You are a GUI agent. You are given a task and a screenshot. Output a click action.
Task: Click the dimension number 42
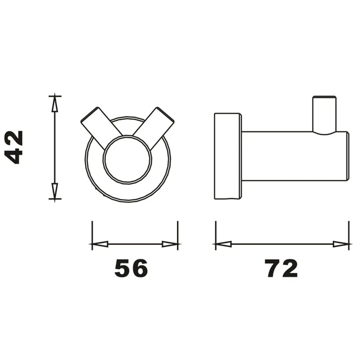click(14, 147)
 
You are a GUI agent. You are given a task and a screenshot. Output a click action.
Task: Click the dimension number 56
click(131, 268)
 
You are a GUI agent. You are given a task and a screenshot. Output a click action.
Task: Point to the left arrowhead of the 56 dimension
click(100, 244)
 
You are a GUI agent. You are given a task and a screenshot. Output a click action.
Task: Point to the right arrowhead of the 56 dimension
click(170, 244)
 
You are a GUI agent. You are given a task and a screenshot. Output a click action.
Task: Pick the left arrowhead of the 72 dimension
click(224, 244)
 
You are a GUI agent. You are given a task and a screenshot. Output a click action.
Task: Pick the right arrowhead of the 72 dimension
click(341, 244)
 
